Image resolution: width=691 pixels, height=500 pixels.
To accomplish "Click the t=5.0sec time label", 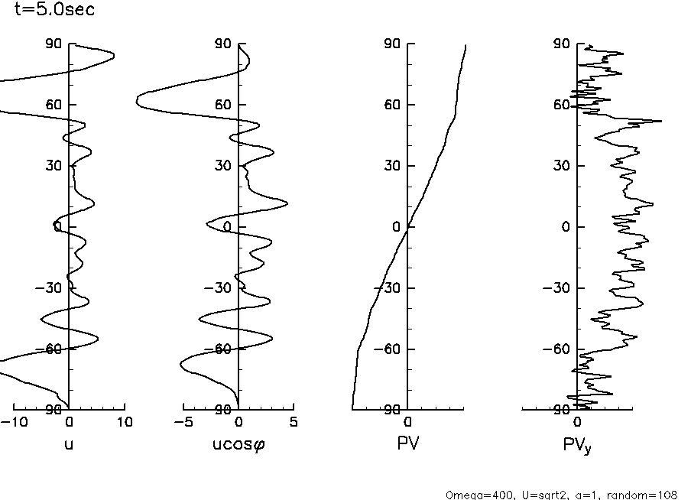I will coord(54,11).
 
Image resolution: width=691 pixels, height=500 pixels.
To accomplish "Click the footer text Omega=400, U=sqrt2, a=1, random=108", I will coord(561,494).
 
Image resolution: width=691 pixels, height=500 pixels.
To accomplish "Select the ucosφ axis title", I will coord(238,443).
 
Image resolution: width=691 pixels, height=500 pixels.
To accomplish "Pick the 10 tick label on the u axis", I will coord(125,422).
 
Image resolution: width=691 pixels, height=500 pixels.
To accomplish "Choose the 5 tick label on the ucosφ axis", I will coord(294,422).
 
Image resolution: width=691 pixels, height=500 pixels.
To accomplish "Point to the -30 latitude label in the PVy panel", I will coord(558,288).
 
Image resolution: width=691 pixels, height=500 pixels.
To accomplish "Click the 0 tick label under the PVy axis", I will coord(578,422).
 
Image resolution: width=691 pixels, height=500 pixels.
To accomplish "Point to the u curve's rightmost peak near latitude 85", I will coord(114,55).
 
